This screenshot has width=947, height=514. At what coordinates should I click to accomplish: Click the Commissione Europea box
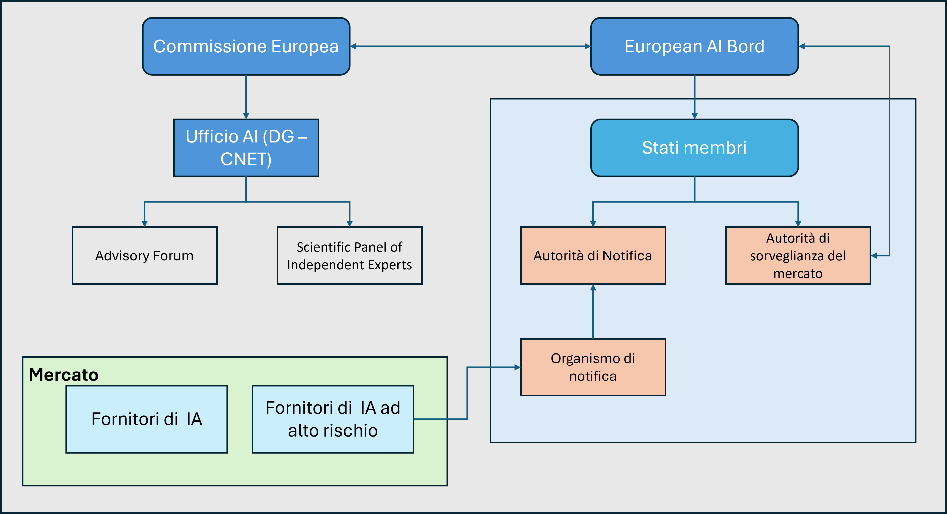coord(246,46)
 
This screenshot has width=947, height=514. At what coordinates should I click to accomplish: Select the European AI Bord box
coord(694,46)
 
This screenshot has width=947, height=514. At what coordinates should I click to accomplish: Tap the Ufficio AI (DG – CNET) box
coord(246,148)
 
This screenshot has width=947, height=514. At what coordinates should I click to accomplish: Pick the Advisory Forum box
coord(144,256)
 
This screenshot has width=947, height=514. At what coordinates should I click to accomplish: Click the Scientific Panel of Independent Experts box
coord(349,256)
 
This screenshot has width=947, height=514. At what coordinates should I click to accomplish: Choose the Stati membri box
coord(694,148)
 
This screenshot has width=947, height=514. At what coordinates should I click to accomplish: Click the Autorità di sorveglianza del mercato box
coord(798,256)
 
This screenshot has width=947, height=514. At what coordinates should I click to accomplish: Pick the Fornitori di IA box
coord(147,419)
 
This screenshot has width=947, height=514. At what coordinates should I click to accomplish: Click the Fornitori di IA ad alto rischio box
coord(333,419)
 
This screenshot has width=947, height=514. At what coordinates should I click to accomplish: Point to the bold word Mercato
coord(64,375)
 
